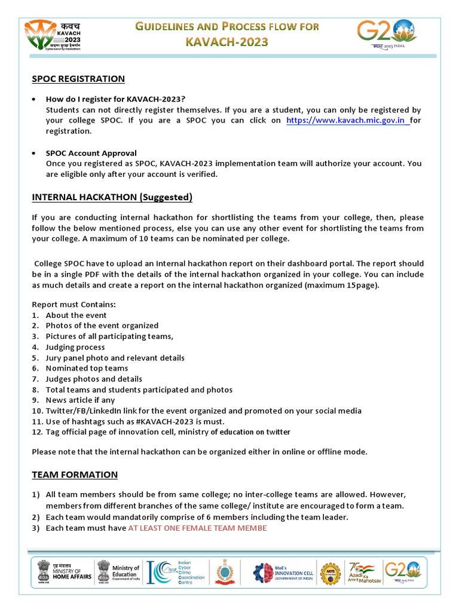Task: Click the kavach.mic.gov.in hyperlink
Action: pos(348,120)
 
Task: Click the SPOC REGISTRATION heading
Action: pos(78,79)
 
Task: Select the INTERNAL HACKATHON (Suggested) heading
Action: pos(112,197)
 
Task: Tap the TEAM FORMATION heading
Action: pos(75,475)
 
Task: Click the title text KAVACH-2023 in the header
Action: pos(227,42)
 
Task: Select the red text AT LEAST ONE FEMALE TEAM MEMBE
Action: pos(197,528)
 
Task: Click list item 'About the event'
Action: pos(76,315)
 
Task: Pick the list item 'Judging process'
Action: pos(75,347)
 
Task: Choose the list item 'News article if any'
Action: pos(80,400)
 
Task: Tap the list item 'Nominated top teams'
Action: pos(87,368)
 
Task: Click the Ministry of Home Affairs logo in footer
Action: pos(65,571)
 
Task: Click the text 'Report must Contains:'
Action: pos(74,304)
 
